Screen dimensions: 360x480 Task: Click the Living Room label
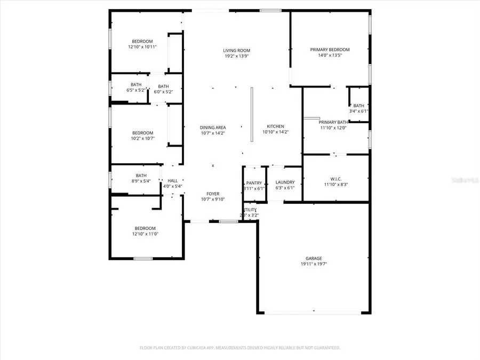point(236,51)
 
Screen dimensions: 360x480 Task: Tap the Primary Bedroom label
point(330,50)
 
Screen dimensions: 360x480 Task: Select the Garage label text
point(314,259)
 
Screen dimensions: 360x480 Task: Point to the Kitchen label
point(275,126)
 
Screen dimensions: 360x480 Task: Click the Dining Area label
point(213,127)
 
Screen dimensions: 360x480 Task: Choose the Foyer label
point(213,194)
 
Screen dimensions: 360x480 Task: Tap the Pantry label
point(254,183)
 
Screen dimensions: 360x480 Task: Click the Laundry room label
point(285,182)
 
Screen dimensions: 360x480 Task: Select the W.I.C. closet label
point(336,180)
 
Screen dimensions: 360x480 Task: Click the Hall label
point(172,181)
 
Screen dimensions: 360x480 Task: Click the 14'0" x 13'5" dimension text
point(330,55)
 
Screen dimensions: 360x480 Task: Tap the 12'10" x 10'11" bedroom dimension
point(142,47)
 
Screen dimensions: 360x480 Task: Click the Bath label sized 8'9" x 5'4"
point(141,175)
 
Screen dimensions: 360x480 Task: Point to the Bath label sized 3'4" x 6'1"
point(358,106)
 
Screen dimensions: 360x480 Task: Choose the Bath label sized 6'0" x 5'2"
point(163,86)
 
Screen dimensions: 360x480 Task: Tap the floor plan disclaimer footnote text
point(239,348)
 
